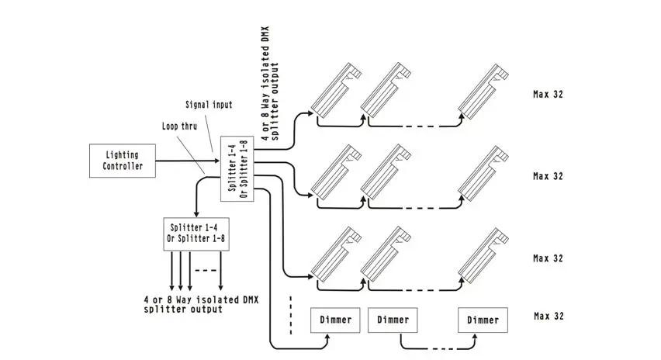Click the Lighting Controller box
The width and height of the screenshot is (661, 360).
pyautogui.click(x=123, y=161)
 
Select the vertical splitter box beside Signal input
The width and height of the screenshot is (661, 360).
pyautogui.click(x=237, y=168)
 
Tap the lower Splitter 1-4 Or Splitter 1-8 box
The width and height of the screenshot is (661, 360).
pyautogui.click(x=196, y=234)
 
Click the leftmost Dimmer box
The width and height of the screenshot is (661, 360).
pyautogui.click(x=336, y=320)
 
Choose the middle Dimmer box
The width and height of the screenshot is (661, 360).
pyautogui.click(x=393, y=320)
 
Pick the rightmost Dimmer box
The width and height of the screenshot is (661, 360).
pyautogui.click(x=483, y=320)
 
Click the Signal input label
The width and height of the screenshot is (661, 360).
pyautogui.click(x=209, y=105)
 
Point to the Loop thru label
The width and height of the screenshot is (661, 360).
pyautogui.click(x=179, y=126)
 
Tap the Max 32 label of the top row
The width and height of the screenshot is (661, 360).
pyautogui.click(x=548, y=95)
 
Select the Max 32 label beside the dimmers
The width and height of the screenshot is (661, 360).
pyautogui.click(x=549, y=316)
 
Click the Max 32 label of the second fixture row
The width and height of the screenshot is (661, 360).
pyautogui.click(x=548, y=176)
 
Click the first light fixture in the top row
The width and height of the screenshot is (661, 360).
pyautogui.click(x=336, y=90)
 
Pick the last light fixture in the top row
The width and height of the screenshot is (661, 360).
pyautogui.click(x=483, y=91)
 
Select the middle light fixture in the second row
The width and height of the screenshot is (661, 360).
pyautogui.click(x=386, y=172)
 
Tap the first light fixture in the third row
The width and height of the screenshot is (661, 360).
pyautogui.click(x=336, y=254)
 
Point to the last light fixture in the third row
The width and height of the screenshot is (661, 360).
pyautogui.click(x=483, y=255)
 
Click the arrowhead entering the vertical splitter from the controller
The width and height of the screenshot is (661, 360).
pyautogui.click(x=217, y=161)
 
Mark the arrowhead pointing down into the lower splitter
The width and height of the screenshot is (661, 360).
pyautogui.click(x=196, y=214)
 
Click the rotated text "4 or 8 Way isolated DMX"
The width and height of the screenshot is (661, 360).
pyautogui.click(x=265, y=84)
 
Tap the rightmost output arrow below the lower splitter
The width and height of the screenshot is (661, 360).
pyautogui.click(x=220, y=271)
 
